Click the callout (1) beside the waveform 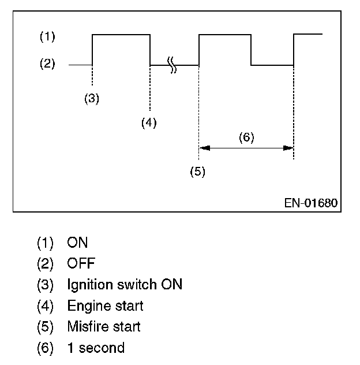click(47, 37)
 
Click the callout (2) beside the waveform click(47, 64)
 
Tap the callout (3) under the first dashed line click(91, 98)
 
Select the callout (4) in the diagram click(149, 122)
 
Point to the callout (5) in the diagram click(198, 172)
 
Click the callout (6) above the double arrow click(246, 137)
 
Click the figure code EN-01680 click(310, 203)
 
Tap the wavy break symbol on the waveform click(172, 65)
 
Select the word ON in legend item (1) click(77, 243)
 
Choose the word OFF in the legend click(81, 263)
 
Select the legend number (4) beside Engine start click(46, 306)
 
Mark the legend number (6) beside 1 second click(46, 348)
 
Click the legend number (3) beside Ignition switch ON click(46, 285)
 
